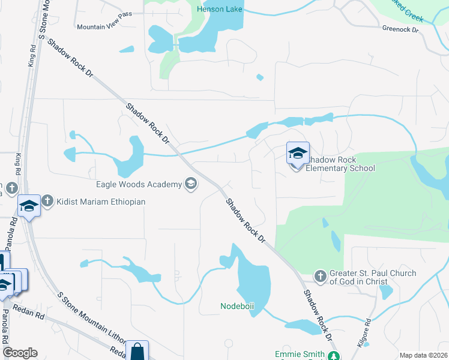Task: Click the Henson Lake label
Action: [220, 10]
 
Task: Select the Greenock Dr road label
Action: [400, 28]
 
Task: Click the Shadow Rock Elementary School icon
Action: [297, 154]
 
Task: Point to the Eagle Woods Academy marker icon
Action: [191, 184]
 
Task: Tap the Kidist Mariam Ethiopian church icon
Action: [47, 202]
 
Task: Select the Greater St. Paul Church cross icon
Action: [321, 276]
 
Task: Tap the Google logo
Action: [20, 353]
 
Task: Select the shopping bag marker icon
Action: [137, 350]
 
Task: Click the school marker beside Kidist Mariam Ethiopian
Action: [29, 206]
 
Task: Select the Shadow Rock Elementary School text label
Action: [340, 164]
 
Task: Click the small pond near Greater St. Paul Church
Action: [386, 292]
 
